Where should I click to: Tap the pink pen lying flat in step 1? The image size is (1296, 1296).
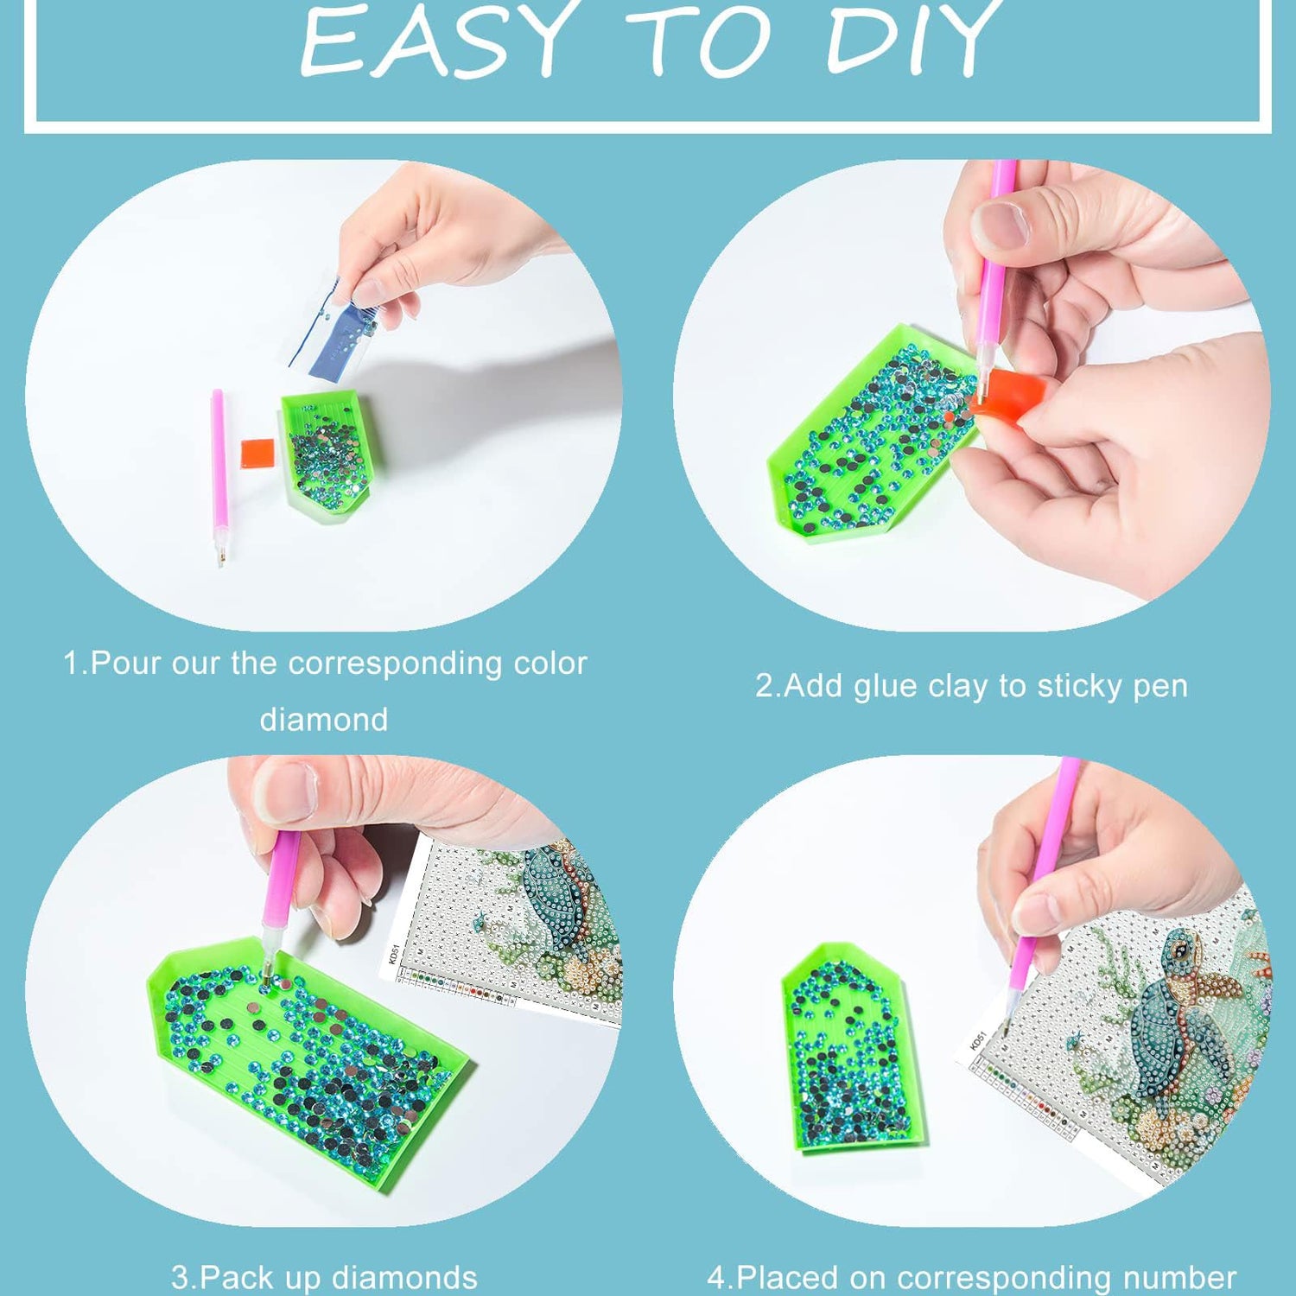[x=219, y=477]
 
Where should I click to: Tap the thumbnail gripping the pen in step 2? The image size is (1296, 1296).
[x=1000, y=224]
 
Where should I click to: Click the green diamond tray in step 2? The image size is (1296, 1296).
[x=873, y=432]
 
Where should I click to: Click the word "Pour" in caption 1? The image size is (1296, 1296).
[x=125, y=664]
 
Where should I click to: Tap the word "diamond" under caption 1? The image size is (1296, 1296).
[x=324, y=720]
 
